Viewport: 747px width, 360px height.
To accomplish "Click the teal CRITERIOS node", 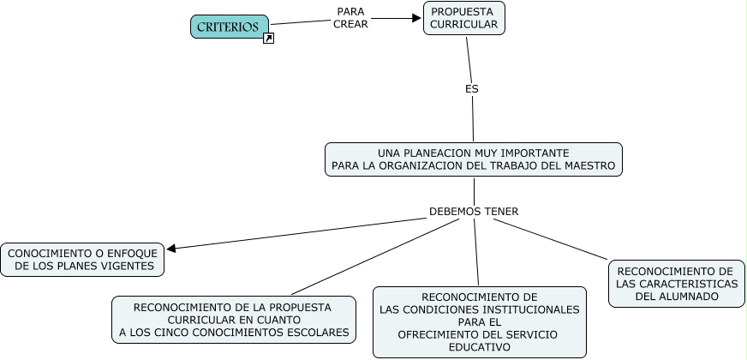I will click(229, 27).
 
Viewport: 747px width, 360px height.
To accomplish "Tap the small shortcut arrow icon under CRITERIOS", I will click(268, 39).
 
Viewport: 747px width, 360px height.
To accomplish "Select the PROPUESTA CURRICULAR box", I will click(463, 18).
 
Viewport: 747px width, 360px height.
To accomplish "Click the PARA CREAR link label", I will click(350, 18).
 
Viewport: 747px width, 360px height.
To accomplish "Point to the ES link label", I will click(471, 88).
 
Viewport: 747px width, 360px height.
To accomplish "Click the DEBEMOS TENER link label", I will click(474, 211).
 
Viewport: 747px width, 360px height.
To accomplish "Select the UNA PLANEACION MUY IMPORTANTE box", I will click(473, 159).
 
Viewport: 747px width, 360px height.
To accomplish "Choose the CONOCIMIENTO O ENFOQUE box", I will click(82, 260).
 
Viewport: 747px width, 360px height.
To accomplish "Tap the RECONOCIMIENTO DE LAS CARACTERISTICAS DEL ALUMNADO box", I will click(676, 284).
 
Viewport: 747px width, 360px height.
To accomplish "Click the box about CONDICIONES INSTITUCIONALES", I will click(480, 321).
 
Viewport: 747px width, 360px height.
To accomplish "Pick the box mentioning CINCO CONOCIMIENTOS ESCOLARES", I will click(234, 320).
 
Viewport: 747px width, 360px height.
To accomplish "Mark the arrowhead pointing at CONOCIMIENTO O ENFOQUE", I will click(172, 249).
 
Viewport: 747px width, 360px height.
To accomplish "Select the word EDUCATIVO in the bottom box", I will click(480, 347).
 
